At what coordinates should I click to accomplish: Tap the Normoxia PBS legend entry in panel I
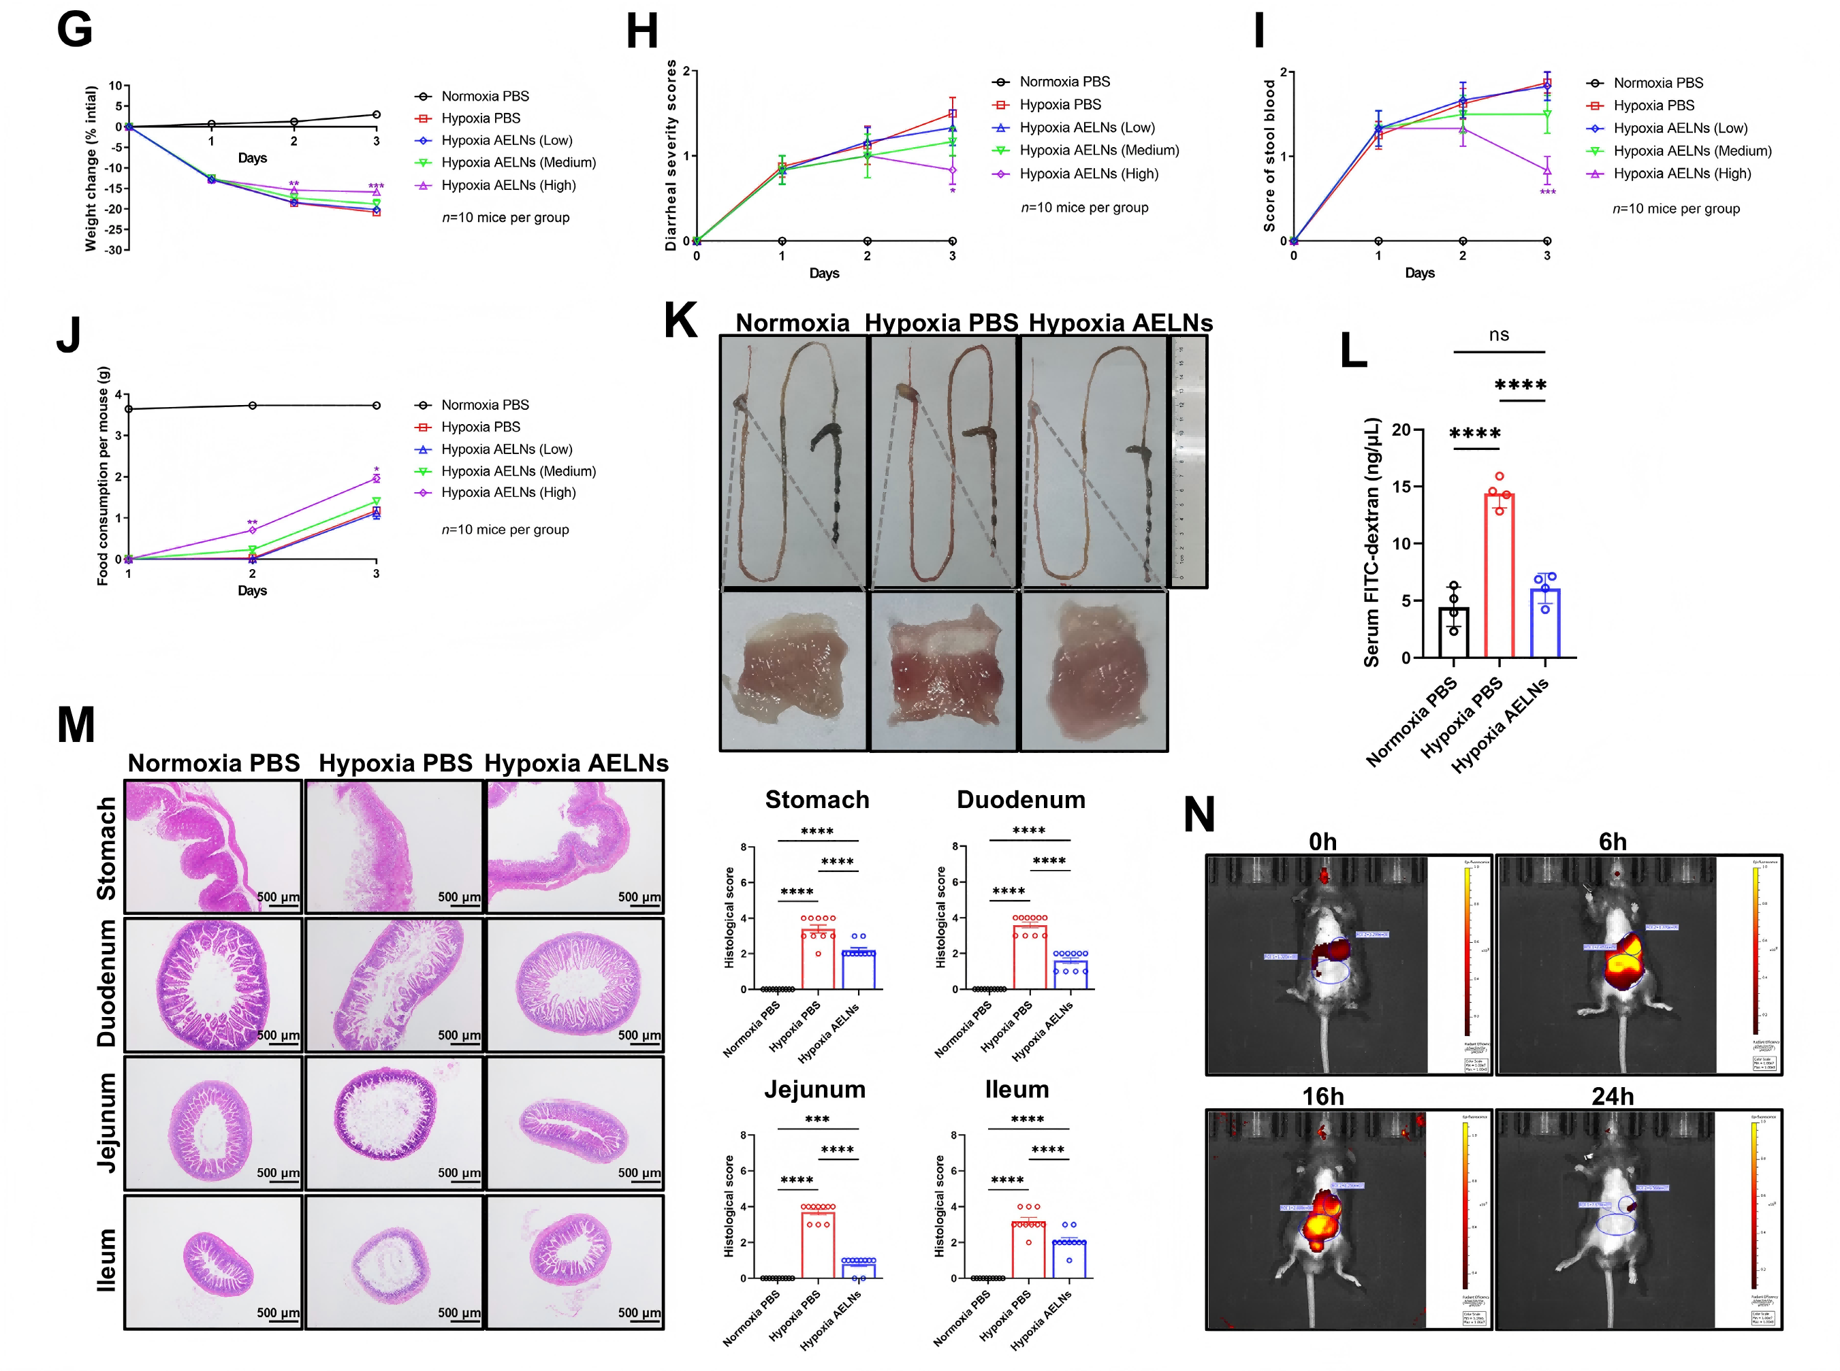point(1657,83)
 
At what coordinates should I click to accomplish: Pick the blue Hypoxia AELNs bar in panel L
point(1544,622)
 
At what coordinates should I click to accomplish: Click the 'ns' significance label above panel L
point(1498,334)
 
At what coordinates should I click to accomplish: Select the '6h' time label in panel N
point(1612,841)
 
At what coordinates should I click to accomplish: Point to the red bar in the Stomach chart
point(817,959)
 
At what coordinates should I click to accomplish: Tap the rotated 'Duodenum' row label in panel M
point(107,984)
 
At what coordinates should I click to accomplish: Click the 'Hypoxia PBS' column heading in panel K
point(940,322)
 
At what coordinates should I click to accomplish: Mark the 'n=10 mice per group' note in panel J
point(505,530)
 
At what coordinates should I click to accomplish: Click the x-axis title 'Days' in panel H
point(823,273)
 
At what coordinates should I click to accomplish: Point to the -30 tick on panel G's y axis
point(114,249)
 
